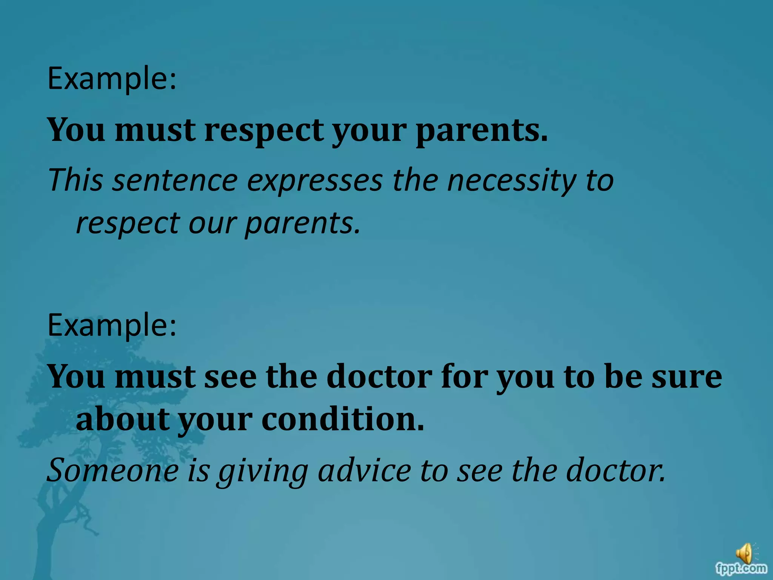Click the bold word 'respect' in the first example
pos(264,131)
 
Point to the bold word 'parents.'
pos(482,131)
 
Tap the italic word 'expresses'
pos(315,181)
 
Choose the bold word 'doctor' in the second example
pos(379,377)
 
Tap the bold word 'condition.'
pos(343,420)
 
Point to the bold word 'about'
pos(122,420)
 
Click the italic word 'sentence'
pos(175,181)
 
